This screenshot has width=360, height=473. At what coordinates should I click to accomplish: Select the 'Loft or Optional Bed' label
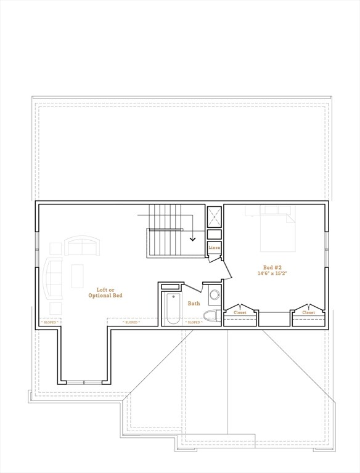tap(109, 293)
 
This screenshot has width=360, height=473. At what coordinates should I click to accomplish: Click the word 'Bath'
tap(194, 303)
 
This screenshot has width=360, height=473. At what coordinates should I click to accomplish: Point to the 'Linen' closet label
tap(214, 248)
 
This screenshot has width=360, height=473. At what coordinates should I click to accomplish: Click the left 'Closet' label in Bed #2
tap(240, 312)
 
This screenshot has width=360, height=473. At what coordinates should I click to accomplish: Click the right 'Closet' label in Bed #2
tap(309, 312)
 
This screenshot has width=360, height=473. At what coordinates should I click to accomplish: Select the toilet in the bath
tap(211, 317)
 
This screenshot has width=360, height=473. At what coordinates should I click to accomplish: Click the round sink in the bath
tap(215, 295)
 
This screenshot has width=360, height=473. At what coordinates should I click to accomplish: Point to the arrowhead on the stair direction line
tap(193, 238)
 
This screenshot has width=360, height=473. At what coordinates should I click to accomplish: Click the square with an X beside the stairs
tap(215, 216)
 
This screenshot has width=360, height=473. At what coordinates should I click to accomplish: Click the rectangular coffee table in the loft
tap(77, 277)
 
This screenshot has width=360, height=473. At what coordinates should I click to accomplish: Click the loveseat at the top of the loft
tap(82, 246)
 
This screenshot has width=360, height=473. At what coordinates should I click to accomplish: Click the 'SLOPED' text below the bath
tap(194, 322)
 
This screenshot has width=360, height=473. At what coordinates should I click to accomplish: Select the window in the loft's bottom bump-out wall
tap(84, 382)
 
